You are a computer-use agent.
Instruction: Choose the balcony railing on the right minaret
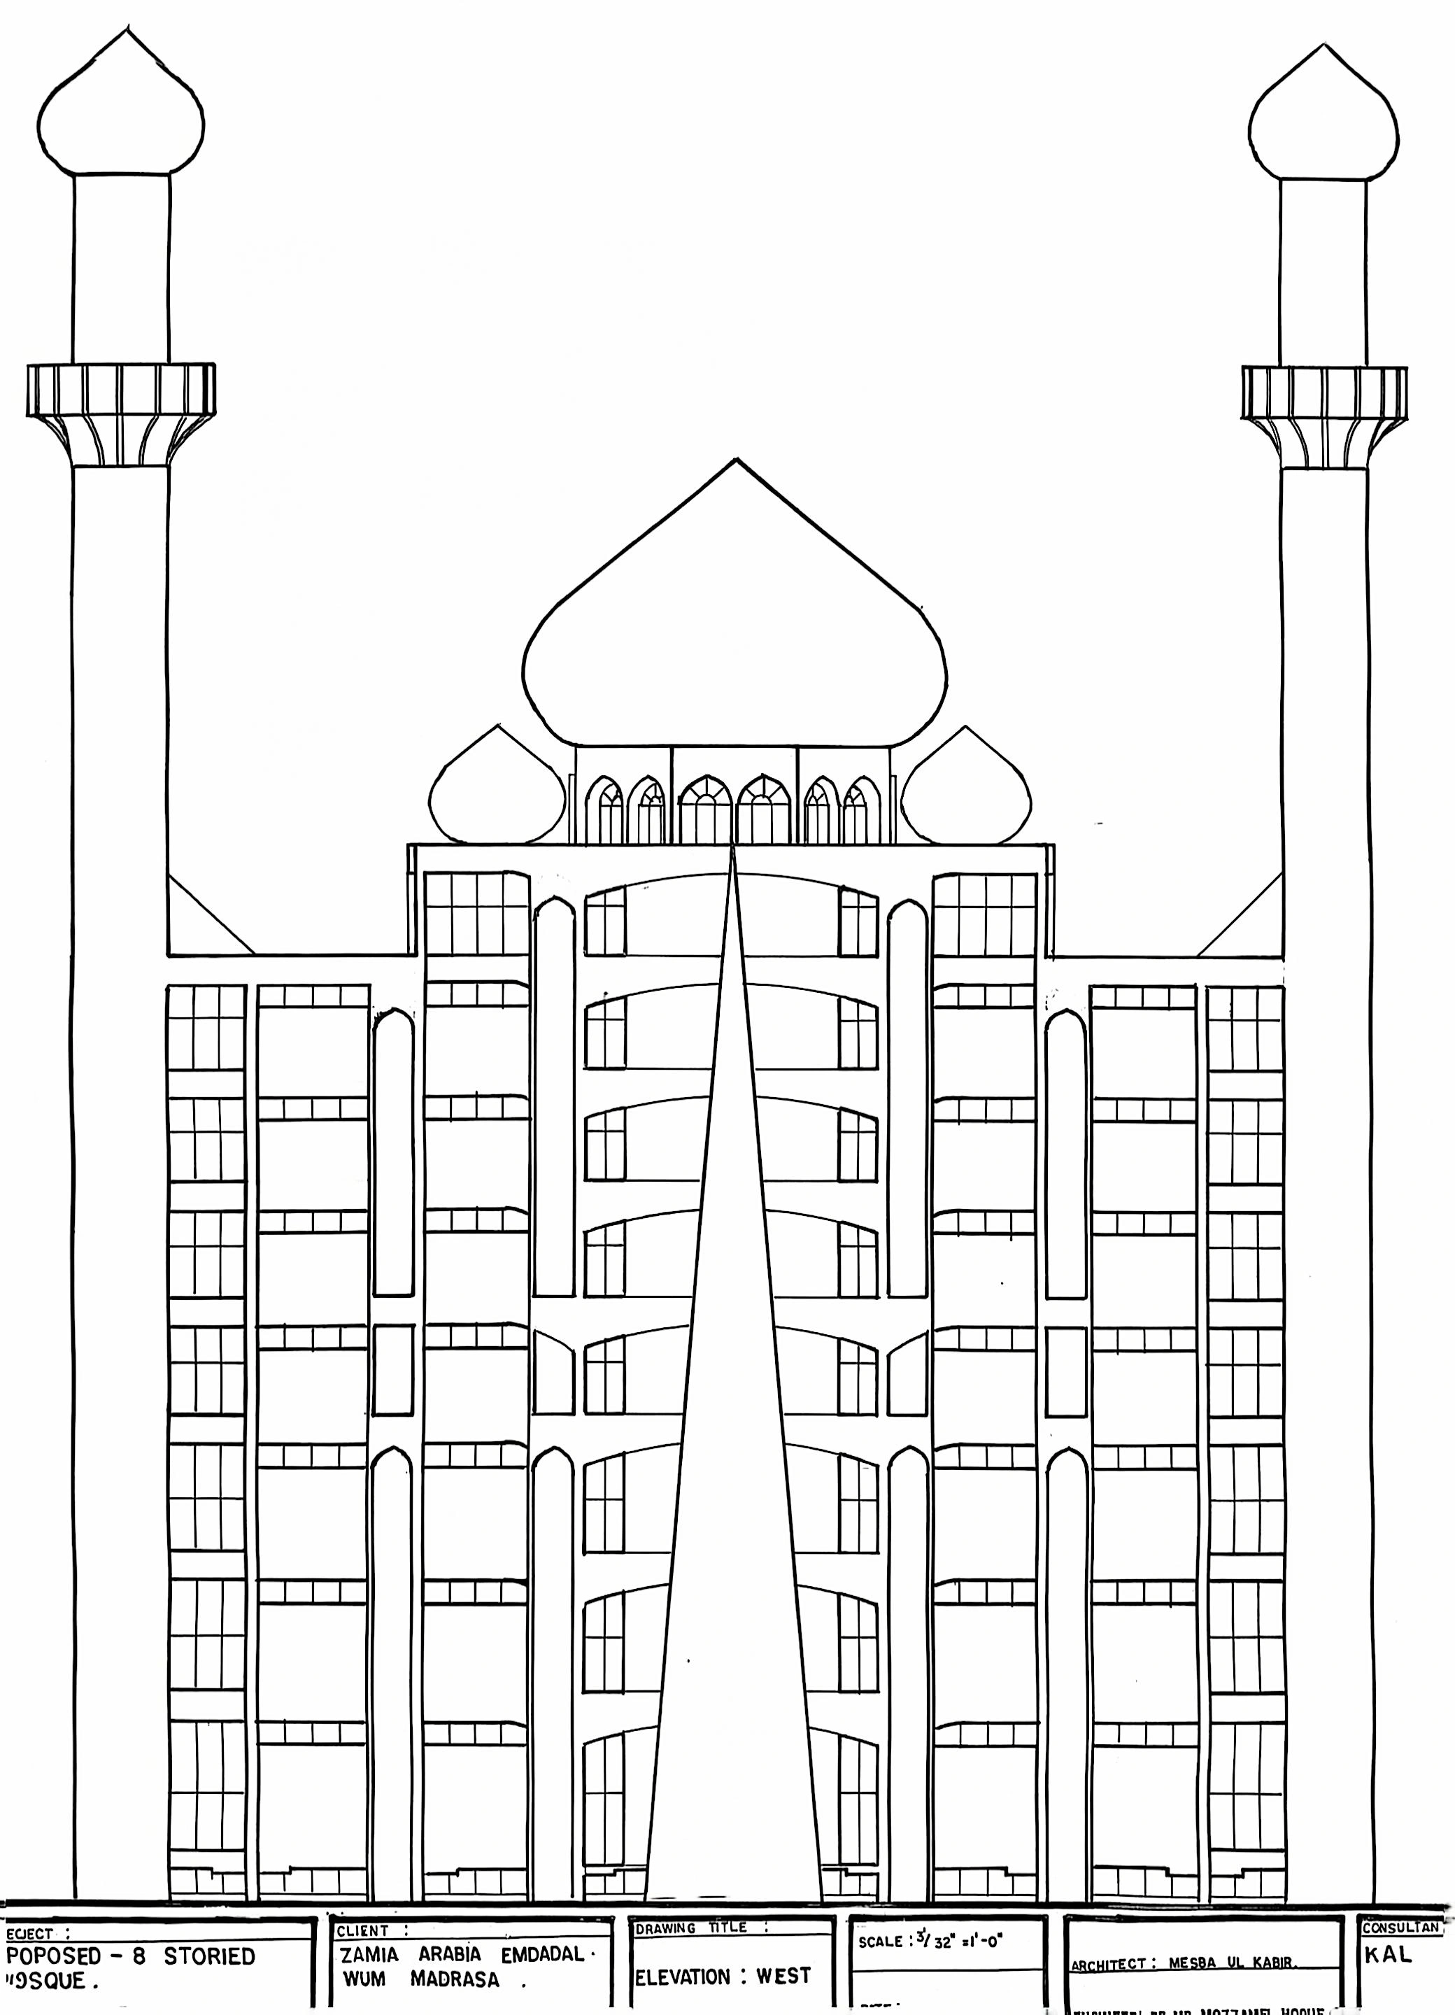coord(1323,393)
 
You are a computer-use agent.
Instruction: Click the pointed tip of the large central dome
coord(735,461)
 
